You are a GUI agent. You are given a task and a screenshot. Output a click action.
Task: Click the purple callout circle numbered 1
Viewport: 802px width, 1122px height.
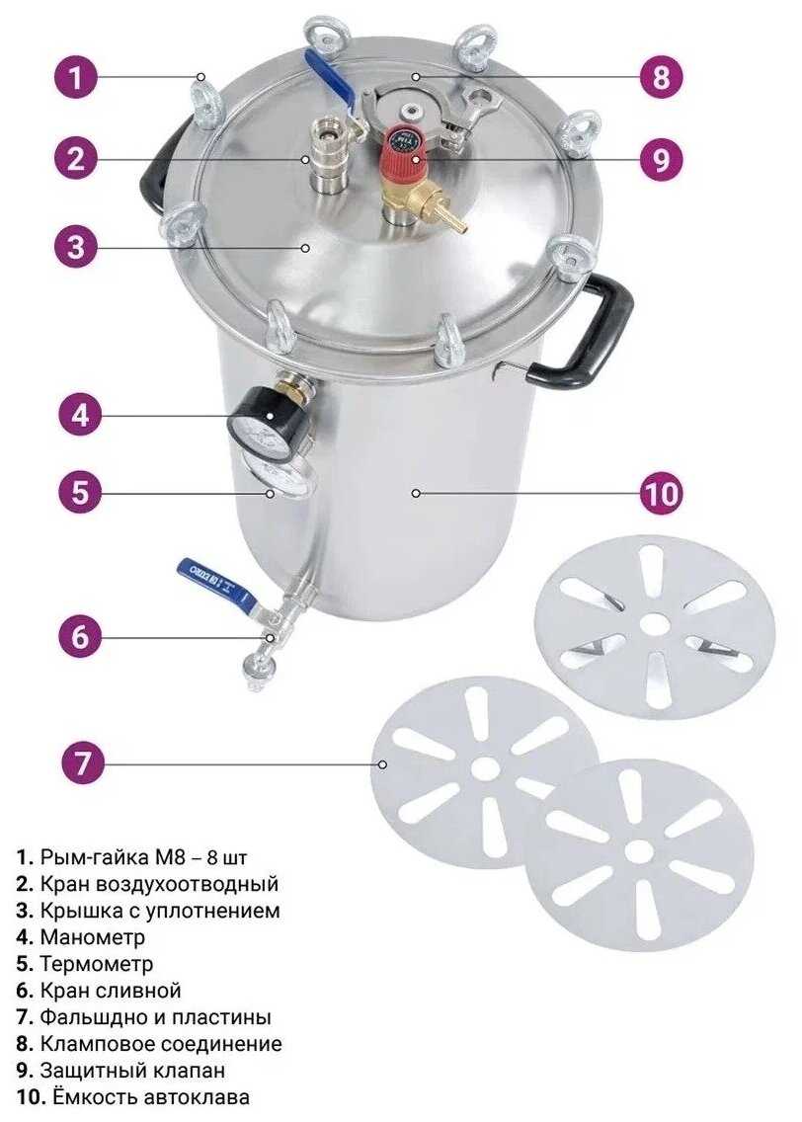pyautogui.click(x=75, y=77)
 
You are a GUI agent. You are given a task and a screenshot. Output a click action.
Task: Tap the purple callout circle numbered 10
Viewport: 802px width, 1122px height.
pyautogui.click(x=662, y=493)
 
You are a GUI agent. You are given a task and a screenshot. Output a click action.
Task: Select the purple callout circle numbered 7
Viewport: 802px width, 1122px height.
pyautogui.click(x=82, y=762)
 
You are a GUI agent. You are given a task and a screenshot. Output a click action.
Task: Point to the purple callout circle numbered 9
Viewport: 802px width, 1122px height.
pyautogui.click(x=661, y=158)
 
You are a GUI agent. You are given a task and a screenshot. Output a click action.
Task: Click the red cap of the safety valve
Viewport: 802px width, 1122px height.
pyautogui.click(x=406, y=147)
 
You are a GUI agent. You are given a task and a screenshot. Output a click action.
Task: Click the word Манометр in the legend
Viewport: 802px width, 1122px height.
pyautogui.click(x=92, y=936)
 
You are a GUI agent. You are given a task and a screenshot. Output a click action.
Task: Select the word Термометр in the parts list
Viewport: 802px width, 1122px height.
pyautogui.click(x=97, y=964)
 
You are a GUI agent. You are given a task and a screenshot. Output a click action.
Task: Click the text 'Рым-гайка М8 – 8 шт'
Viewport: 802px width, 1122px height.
pyautogui.click(x=144, y=857)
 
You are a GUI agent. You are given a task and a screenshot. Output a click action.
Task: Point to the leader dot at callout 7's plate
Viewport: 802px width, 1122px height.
pyautogui.click(x=383, y=764)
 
